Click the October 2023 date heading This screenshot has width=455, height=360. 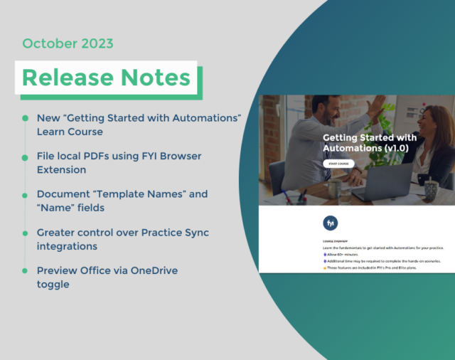coord(68,43)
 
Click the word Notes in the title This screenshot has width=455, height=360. coord(156,78)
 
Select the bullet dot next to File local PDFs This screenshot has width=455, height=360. coord(26,155)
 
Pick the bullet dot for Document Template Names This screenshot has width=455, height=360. coord(26,194)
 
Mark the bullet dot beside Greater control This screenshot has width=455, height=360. coord(26,233)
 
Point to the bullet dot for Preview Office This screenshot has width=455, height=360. coord(26,271)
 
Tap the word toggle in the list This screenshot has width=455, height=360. coord(54,284)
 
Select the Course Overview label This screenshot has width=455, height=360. coord(335,240)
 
